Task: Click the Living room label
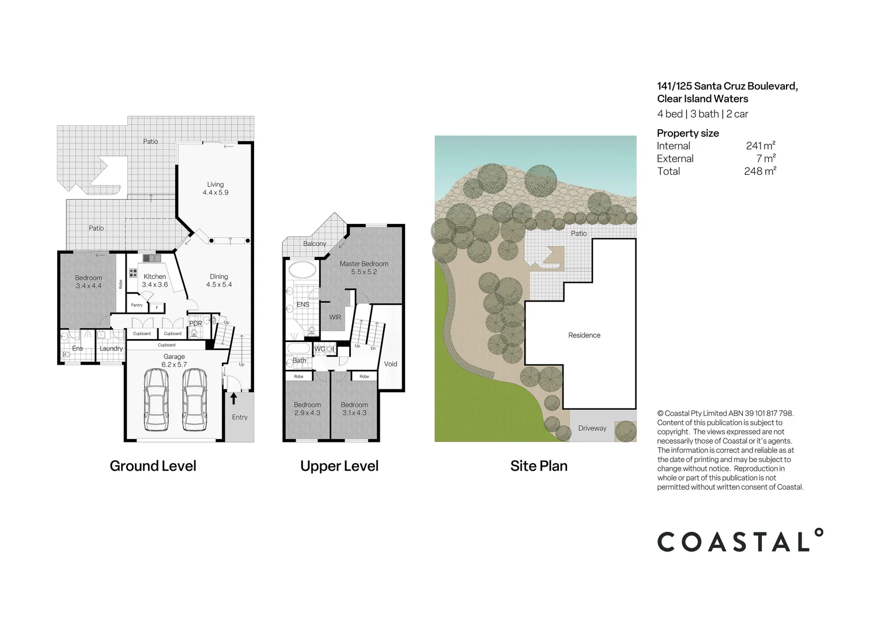tap(215, 185)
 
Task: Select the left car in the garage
tap(156, 400)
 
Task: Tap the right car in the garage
tap(194, 400)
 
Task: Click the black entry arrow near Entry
tap(233, 399)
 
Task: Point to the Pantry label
tap(137, 305)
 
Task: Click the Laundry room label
tap(111, 348)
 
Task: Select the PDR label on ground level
tap(196, 324)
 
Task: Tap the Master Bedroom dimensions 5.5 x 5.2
tap(364, 272)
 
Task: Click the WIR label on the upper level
tap(335, 317)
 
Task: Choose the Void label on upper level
tap(391, 364)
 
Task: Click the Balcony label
tap(315, 244)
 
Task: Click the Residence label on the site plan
tap(584, 335)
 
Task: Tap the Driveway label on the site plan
tap(592, 428)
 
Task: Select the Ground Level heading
tap(153, 466)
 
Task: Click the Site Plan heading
tap(539, 466)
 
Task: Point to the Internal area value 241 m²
tap(761, 146)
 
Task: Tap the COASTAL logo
tap(740, 541)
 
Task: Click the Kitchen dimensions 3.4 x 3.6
tap(154, 284)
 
